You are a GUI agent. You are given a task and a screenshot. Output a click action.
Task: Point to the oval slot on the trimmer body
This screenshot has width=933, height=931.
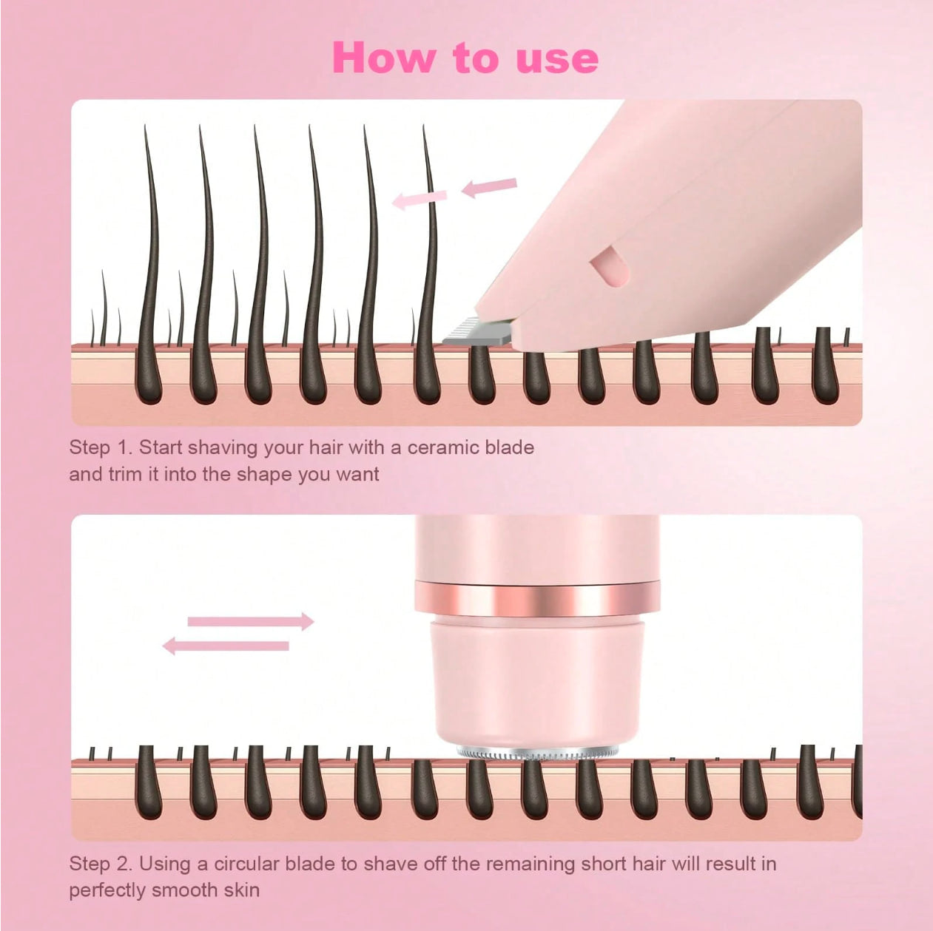point(609,266)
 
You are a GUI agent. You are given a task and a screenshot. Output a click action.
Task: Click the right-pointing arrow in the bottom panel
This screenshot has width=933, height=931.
point(250,621)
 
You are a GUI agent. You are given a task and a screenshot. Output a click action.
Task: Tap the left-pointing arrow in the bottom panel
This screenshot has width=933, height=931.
point(226,646)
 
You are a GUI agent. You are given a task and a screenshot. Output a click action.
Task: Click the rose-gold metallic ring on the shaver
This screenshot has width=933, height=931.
point(537,599)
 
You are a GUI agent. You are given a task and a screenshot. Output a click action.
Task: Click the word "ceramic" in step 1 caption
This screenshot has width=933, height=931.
point(443,447)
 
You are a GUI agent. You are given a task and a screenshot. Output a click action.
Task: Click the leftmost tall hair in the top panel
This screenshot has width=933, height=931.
point(150,251)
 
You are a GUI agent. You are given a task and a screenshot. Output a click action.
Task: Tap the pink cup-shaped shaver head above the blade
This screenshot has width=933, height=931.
point(537,680)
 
